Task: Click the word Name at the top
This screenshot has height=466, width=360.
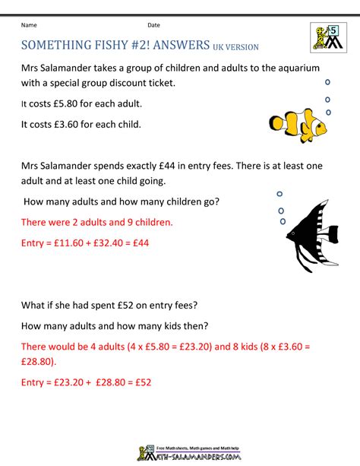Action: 30,25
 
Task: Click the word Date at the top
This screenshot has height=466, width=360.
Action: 153,25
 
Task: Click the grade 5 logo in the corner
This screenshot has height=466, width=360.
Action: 327,36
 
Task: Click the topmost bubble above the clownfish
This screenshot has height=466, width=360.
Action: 327,81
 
